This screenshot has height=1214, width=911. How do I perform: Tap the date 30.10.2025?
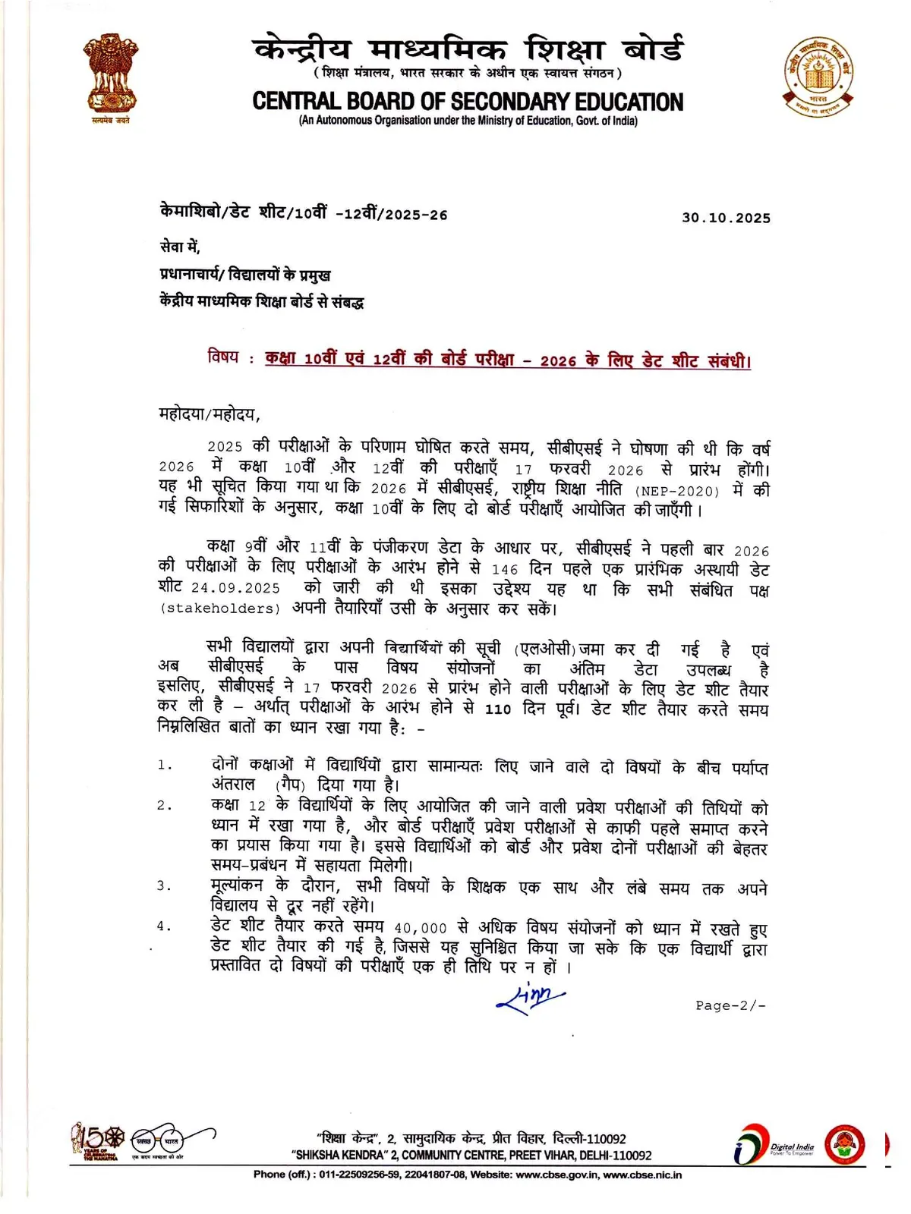click(x=726, y=218)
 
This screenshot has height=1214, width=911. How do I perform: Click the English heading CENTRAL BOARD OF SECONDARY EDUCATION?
click(x=468, y=102)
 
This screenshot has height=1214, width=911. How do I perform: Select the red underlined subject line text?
click(x=507, y=360)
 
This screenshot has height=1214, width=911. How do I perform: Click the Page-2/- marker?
click(x=730, y=1005)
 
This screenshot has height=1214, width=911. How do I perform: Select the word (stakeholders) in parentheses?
click(x=219, y=609)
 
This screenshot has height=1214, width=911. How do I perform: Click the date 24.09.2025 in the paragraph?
click(x=235, y=588)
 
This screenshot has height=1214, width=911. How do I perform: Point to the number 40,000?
click(x=421, y=928)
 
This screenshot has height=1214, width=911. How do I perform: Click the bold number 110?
click(x=498, y=709)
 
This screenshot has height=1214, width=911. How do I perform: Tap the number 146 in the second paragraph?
click(x=505, y=569)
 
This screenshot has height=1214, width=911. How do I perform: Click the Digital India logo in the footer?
click(x=774, y=1145)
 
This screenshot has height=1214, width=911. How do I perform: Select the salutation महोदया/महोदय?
click(x=210, y=414)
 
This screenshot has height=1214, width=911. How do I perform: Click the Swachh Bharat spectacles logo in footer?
click(x=159, y=1140)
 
